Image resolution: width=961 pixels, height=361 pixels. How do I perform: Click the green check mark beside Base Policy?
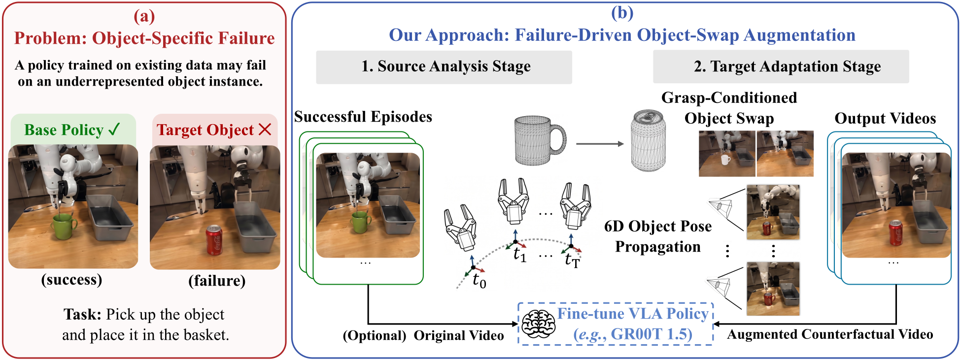[x=114, y=129]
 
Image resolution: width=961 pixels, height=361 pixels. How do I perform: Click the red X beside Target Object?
[x=265, y=129]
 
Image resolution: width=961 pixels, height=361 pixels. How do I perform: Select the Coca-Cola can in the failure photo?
[x=214, y=240]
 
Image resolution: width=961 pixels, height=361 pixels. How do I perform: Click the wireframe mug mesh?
[x=540, y=140]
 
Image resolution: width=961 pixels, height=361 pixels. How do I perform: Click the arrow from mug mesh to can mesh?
[x=600, y=144]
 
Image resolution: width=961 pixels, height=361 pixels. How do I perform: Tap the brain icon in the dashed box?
[x=538, y=324]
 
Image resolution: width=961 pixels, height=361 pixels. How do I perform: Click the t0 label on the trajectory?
[x=479, y=281]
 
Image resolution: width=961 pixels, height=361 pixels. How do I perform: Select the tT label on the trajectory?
[x=573, y=260]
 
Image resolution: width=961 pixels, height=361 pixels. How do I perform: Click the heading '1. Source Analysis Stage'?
[x=446, y=66]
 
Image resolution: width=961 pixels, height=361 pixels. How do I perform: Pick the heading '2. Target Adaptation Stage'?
[x=787, y=66]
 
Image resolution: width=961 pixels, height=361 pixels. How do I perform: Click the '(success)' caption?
[x=71, y=280]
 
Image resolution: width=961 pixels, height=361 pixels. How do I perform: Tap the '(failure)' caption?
[x=217, y=281]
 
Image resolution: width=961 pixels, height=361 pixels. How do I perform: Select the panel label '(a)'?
[x=144, y=16]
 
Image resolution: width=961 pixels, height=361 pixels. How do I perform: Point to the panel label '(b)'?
[x=622, y=12]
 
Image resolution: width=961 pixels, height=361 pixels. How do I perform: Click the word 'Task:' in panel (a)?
[x=83, y=314]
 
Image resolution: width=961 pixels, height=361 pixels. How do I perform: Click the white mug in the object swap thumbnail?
[x=725, y=159]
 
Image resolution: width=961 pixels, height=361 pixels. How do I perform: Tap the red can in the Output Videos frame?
[x=895, y=232]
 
